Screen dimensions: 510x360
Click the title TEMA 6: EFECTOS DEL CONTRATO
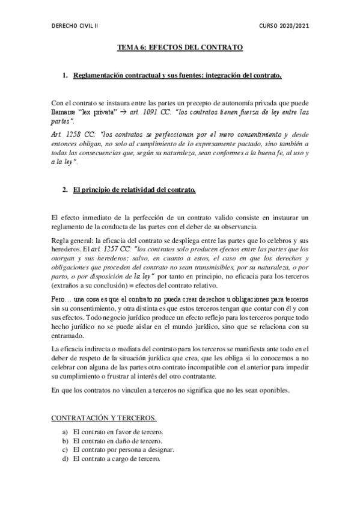coord(179,46)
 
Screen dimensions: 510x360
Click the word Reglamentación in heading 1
coord(99,75)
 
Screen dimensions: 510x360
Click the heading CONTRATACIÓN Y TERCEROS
coord(104,417)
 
